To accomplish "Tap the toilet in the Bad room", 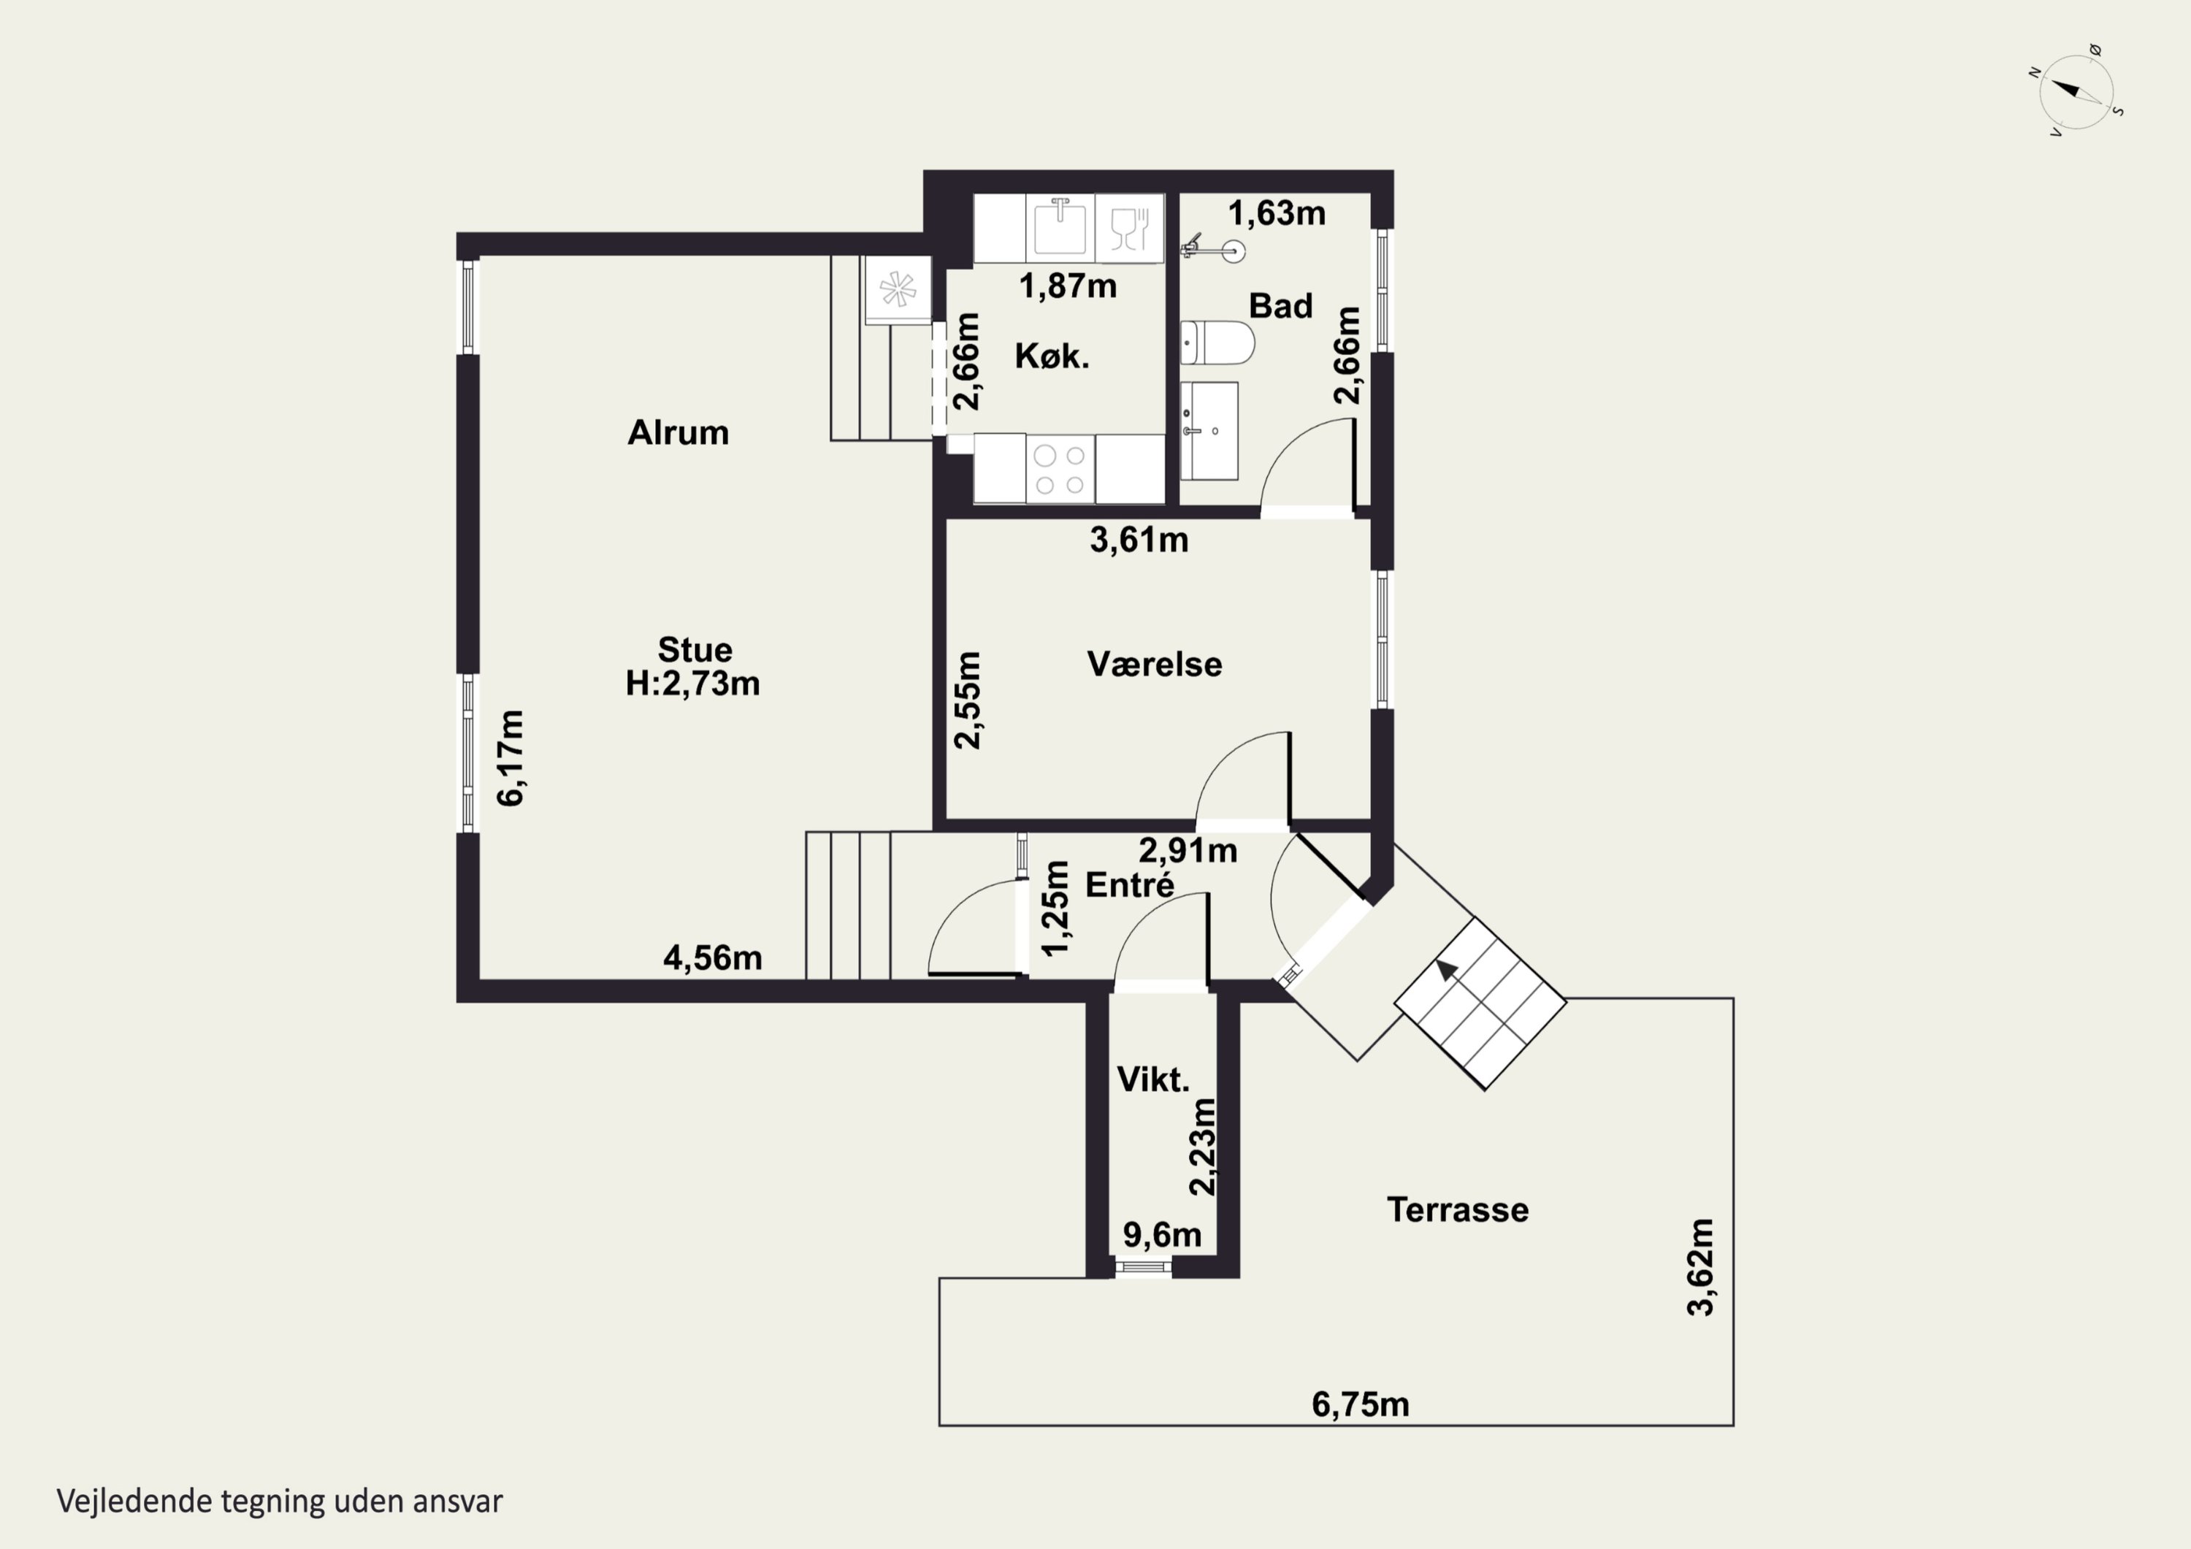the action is tap(1217, 343).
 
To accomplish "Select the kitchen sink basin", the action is tap(1060, 227).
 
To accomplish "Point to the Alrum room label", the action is tap(678, 432).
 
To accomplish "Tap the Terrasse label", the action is tap(1457, 1209).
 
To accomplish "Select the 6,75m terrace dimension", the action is tap(1360, 1404).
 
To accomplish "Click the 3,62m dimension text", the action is tap(1700, 1267).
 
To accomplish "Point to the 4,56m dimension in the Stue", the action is tap(713, 957).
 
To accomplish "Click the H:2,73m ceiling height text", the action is tap(693, 684).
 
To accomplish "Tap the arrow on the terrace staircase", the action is tap(1448, 970).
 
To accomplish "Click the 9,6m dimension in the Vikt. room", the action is tap(1161, 1234).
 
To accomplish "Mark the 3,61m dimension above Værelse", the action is tap(1139, 540).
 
